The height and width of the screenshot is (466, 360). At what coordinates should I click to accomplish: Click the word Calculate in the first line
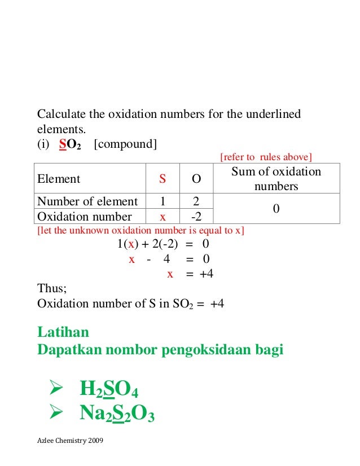pyautogui.click(x=60, y=115)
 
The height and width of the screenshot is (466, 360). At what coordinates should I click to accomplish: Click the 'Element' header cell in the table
pyautogui.click(x=59, y=179)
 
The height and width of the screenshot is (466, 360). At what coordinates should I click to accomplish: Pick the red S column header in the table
pyautogui.click(x=162, y=179)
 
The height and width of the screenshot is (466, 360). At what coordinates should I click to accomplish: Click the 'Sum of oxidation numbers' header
pyautogui.click(x=276, y=179)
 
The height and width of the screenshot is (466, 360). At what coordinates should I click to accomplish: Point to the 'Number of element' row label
pyautogui.click(x=87, y=201)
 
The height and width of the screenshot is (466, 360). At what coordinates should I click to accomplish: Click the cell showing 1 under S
pyautogui.click(x=162, y=201)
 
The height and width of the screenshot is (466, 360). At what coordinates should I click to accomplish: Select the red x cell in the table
pyautogui.click(x=162, y=217)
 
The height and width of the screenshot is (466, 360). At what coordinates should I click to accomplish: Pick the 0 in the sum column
pyautogui.click(x=276, y=209)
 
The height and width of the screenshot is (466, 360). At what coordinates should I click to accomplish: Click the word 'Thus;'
pyautogui.click(x=52, y=288)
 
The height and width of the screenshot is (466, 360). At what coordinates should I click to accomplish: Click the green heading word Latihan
pyautogui.click(x=63, y=332)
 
